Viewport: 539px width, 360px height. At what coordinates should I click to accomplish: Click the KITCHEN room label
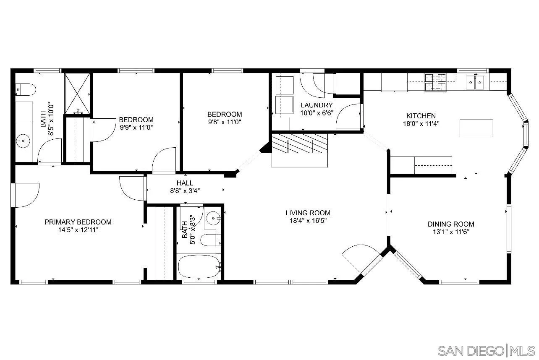click(421, 116)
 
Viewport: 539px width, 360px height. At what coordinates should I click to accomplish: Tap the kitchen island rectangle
click(476, 128)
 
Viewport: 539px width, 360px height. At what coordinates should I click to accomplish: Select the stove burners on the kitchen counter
click(435, 83)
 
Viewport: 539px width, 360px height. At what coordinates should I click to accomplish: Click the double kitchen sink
click(475, 82)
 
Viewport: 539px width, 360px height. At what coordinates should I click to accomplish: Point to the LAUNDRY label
click(317, 105)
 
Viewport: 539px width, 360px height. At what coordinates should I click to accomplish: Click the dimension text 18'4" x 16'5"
click(308, 221)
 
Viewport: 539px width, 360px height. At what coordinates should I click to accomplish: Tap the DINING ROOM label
click(451, 224)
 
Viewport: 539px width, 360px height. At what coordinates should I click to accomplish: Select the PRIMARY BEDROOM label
click(78, 222)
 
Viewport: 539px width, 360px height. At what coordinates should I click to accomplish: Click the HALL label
click(185, 183)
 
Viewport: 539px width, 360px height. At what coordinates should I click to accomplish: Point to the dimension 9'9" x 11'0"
click(136, 127)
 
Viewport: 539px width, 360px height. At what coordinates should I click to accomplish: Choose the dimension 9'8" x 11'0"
click(225, 122)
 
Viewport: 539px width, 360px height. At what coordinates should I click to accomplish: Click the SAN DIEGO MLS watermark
click(486, 350)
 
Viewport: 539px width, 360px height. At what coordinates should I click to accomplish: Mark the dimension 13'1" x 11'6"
click(451, 232)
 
